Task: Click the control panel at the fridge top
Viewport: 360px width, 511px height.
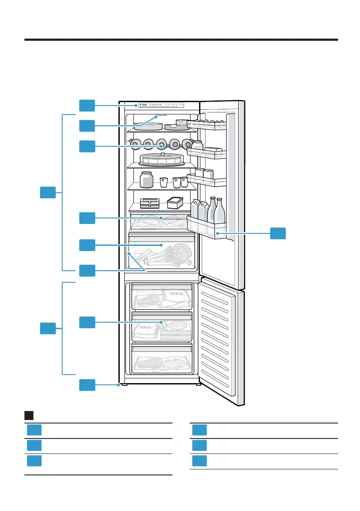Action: (159, 105)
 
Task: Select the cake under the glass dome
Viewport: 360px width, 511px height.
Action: (163, 159)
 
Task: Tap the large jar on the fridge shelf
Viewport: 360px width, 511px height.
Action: (146, 179)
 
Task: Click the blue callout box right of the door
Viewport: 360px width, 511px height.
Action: (278, 234)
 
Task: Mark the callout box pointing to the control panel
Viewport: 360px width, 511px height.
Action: (87, 105)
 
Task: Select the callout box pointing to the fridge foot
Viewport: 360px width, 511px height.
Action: (87, 385)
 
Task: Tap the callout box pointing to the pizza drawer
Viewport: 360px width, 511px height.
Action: (87, 322)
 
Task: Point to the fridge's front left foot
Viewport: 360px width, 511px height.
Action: (124, 385)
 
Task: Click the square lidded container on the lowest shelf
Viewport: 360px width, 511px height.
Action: (175, 202)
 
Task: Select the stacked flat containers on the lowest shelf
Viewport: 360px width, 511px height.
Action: (150, 202)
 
